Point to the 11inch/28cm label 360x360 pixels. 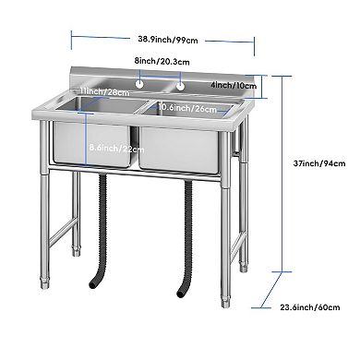(x=103, y=92)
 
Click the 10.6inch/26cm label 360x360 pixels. (x=187, y=107)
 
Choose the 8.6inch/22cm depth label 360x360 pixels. (x=116, y=147)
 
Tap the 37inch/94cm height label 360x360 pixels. (x=313, y=162)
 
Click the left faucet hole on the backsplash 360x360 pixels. (x=138, y=86)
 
